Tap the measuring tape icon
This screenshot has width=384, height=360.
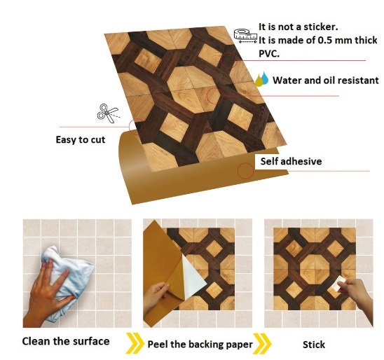[243, 35]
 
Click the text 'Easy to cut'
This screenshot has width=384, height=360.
[81, 139]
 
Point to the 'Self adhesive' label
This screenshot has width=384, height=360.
[291, 161]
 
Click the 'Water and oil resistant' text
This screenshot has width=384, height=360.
[325, 80]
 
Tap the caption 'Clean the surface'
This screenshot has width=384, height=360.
[66, 341]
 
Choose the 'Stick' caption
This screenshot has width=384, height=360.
[313, 344]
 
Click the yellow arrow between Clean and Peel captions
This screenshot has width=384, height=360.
[133, 342]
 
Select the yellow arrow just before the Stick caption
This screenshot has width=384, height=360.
[261, 342]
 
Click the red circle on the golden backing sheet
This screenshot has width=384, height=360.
[245, 170]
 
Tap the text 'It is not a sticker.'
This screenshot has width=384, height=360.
[298, 27]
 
